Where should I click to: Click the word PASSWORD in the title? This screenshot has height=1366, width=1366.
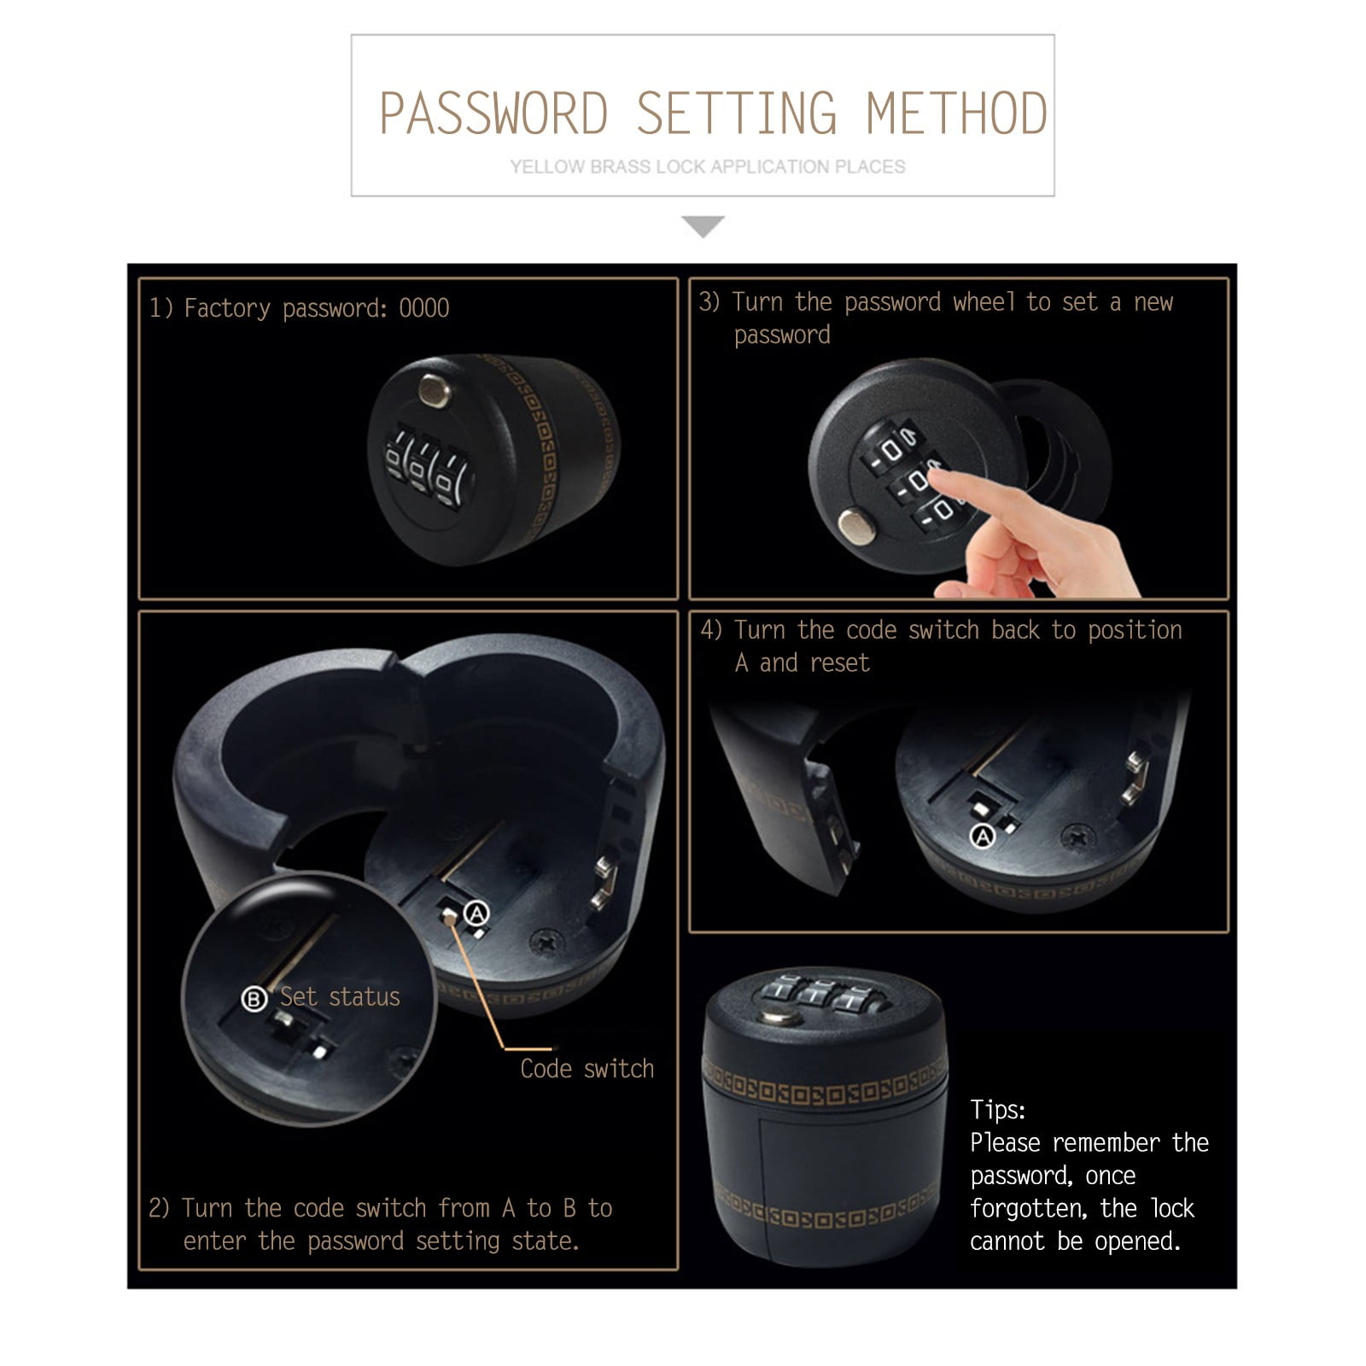pyautogui.click(x=493, y=114)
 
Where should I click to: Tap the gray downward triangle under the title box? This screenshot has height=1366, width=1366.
pyautogui.click(x=703, y=226)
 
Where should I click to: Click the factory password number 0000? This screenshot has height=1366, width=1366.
pyautogui.click(x=424, y=308)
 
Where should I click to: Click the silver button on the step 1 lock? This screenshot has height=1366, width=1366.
pyautogui.click(x=435, y=391)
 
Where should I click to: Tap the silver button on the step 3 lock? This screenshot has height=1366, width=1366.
pyautogui.click(x=855, y=526)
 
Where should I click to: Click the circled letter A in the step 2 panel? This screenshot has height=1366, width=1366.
pyautogui.click(x=476, y=914)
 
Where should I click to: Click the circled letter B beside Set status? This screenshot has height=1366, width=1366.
pyautogui.click(x=254, y=998)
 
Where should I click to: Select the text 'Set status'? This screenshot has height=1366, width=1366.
pyautogui.click(x=340, y=997)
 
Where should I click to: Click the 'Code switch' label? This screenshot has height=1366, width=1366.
pyautogui.click(x=587, y=1069)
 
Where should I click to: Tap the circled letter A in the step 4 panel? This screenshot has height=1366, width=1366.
pyautogui.click(x=984, y=837)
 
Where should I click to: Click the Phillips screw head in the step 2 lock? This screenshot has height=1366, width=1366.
pyautogui.click(x=545, y=943)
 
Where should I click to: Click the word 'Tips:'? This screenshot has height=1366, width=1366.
pyautogui.click(x=997, y=1110)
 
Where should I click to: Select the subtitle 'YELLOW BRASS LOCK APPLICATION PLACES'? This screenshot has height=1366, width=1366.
pyautogui.click(x=708, y=167)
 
